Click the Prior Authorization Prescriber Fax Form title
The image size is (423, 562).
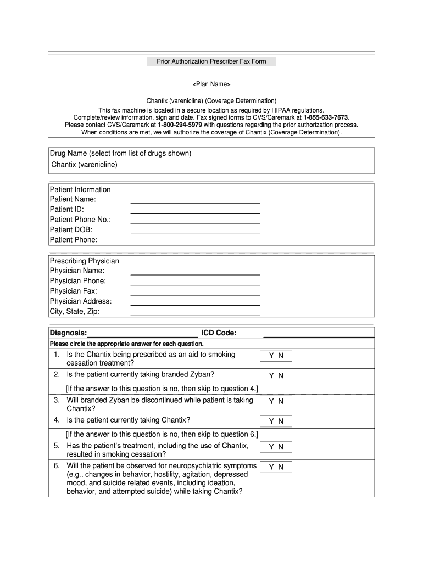point(211,61)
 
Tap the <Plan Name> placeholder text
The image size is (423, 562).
point(211,85)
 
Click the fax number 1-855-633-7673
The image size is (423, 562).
point(326,117)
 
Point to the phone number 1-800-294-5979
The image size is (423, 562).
point(180,125)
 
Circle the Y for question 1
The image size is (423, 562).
point(271,356)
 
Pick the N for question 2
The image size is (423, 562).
point(281,376)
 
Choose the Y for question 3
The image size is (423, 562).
point(271,402)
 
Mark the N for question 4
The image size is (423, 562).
point(281,421)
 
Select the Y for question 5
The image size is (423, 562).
point(271,447)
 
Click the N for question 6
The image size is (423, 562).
point(281,467)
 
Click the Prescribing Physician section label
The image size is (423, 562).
point(84,261)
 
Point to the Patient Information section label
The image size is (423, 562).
point(80,189)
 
